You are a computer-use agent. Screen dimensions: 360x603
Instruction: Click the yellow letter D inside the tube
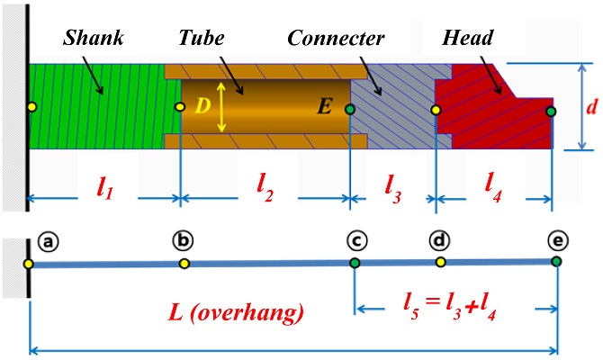tap(202, 106)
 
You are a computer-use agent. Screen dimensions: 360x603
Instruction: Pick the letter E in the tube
tap(325, 108)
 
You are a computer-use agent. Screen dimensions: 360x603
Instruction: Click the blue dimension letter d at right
tap(591, 108)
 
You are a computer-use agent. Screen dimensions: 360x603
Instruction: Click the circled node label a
tap(48, 241)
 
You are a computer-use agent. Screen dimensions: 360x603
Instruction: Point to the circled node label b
tap(183, 240)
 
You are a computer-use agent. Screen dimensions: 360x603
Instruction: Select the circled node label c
tap(357, 240)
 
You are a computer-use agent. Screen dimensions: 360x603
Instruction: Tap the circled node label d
tap(440, 240)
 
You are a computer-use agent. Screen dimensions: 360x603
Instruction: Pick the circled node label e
tap(558, 240)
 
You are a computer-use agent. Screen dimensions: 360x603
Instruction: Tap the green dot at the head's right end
tap(552, 111)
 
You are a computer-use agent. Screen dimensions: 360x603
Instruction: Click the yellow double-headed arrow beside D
tap(221, 108)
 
